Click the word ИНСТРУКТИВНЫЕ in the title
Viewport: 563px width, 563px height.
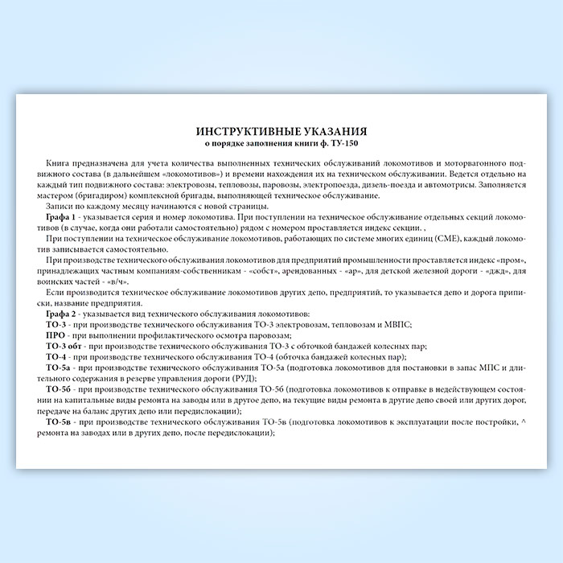[241, 129]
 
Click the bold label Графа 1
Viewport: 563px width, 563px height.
[63, 219]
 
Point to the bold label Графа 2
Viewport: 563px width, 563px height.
[63, 314]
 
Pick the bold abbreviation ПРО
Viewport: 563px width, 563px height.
[56, 335]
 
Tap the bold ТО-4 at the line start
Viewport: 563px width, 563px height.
[58, 356]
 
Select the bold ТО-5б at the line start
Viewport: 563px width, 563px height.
[60, 389]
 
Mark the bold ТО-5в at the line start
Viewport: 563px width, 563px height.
[60, 421]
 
